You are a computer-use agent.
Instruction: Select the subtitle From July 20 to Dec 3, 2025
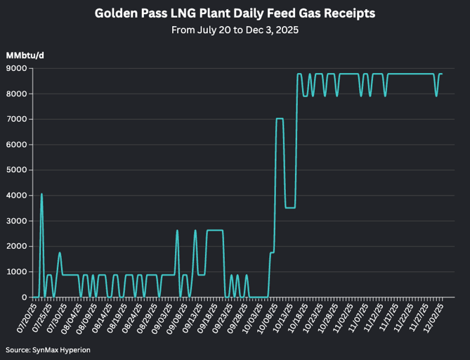point(235,30)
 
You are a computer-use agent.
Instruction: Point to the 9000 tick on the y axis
point(18,68)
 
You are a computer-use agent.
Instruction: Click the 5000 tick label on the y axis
point(18,170)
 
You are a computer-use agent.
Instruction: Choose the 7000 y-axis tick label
point(18,120)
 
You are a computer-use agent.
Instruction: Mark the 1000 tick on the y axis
point(18,272)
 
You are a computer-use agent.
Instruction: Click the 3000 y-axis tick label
point(18,221)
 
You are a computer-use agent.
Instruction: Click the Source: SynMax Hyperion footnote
point(48,349)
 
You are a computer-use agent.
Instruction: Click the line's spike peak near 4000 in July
point(41,194)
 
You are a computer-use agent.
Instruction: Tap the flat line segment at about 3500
point(289,207)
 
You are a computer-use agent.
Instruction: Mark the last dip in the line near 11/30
point(436,96)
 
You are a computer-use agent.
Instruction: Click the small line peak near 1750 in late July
point(60,252)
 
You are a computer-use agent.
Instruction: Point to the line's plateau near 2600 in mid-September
point(214,230)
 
